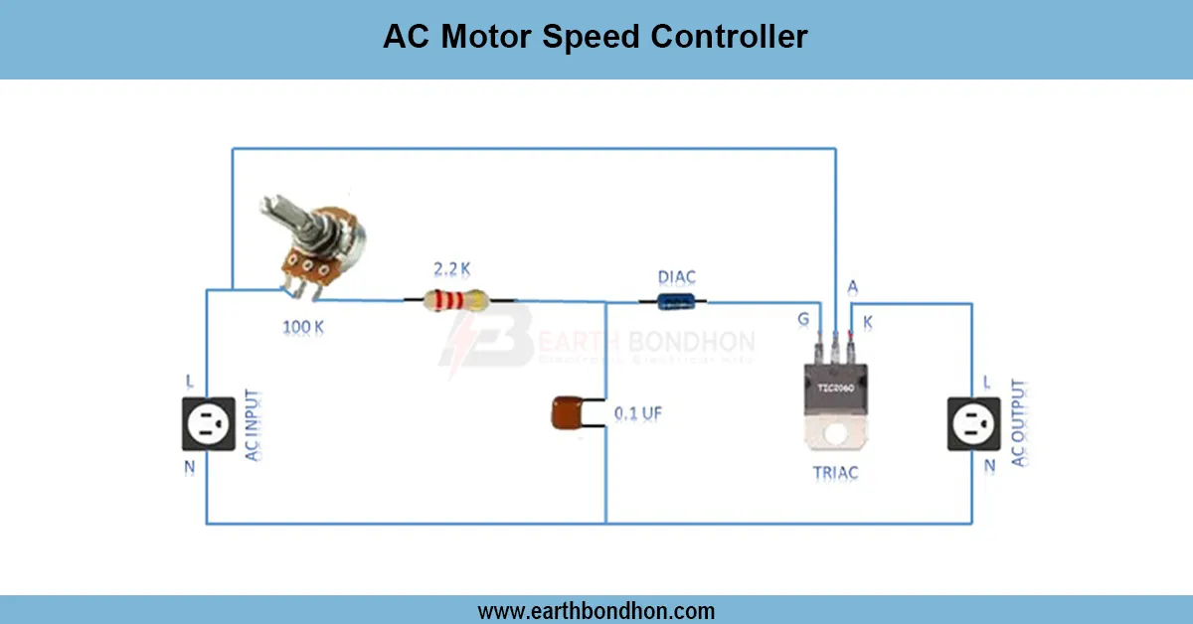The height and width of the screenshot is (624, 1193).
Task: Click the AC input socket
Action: coord(209,423)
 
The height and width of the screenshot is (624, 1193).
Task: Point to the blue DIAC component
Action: coord(679,301)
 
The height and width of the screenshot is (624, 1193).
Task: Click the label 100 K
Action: coord(303,326)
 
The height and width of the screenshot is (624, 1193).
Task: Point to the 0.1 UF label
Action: coord(637,412)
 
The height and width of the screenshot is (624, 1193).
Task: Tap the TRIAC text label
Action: coord(834,473)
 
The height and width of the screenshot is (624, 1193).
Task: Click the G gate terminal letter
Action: coord(803,319)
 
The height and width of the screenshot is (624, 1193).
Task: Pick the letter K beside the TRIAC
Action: coord(869,321)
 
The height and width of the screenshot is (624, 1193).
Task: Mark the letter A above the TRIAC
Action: coord(852,287)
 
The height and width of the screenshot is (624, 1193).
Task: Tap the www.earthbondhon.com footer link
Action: coord(596,610)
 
